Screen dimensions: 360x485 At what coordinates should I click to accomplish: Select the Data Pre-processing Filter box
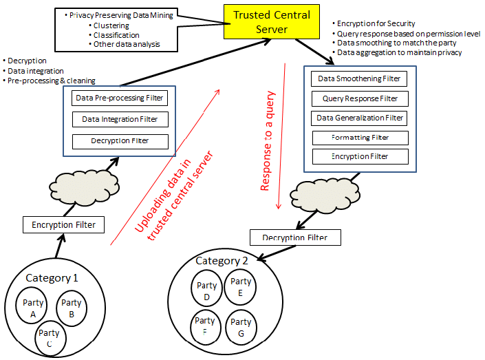pos(120,98)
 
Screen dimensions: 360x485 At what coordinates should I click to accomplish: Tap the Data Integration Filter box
pos(120,120)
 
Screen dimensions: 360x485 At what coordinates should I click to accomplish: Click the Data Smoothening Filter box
pos(358,78)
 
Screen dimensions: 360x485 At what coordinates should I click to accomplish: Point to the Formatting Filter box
pos(360,138)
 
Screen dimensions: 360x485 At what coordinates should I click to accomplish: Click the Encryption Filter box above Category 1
pos(63,224)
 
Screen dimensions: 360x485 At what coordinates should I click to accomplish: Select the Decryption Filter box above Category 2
pos(295,238)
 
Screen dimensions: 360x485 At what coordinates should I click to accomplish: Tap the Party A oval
pos(33,308)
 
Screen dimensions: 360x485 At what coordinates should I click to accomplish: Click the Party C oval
pos(53,338)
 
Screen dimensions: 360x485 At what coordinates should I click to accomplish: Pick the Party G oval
pos(241,326)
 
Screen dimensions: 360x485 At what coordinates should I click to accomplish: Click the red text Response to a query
pos(267,141)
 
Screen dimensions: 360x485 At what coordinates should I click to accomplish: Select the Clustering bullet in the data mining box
pos(114,25)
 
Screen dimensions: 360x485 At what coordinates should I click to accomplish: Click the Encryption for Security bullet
pos(376,23)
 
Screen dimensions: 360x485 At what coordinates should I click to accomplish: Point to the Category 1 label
pos(52,278)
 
